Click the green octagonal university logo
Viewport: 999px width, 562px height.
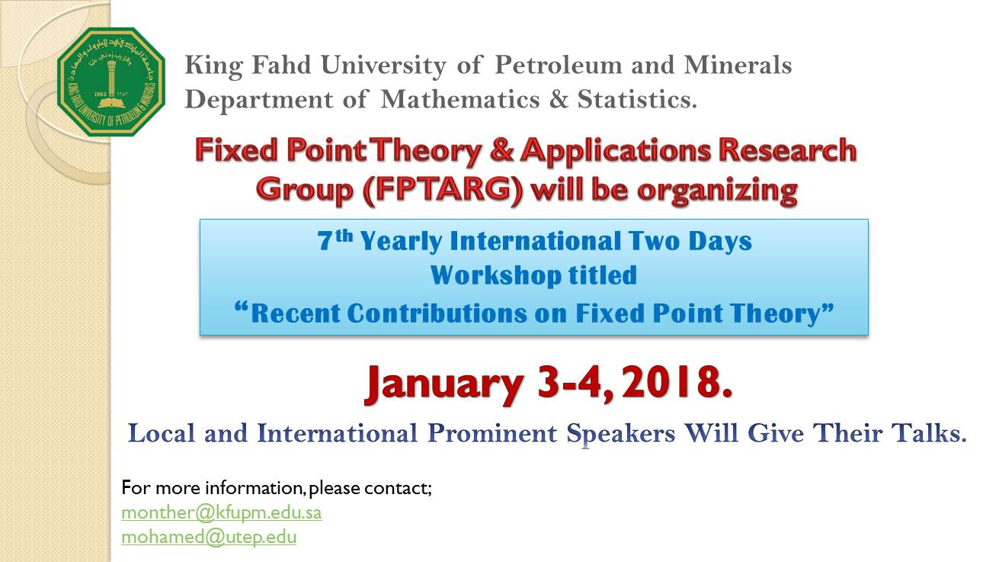111,82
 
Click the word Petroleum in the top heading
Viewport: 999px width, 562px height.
558,65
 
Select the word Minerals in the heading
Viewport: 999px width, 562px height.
738,65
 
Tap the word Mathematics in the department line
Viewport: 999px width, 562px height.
459,99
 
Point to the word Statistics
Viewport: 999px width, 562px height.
636,99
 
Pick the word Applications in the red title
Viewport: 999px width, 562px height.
616,150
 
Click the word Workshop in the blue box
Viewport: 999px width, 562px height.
495,275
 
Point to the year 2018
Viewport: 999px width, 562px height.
677,382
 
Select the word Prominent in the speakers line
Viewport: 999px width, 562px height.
492,433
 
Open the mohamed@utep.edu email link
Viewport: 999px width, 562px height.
209,537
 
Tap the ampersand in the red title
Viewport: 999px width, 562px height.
501,150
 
